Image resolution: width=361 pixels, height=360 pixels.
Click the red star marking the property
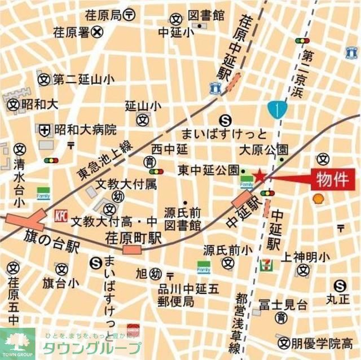[258, 177]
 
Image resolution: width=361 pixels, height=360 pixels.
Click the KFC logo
[60, 215]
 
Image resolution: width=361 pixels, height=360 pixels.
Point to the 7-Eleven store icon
[265, 264]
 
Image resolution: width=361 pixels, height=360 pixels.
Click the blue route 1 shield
[277, 109]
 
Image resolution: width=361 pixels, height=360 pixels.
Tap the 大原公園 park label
[263, 150]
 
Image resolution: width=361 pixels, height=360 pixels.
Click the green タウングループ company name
[96, 348]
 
